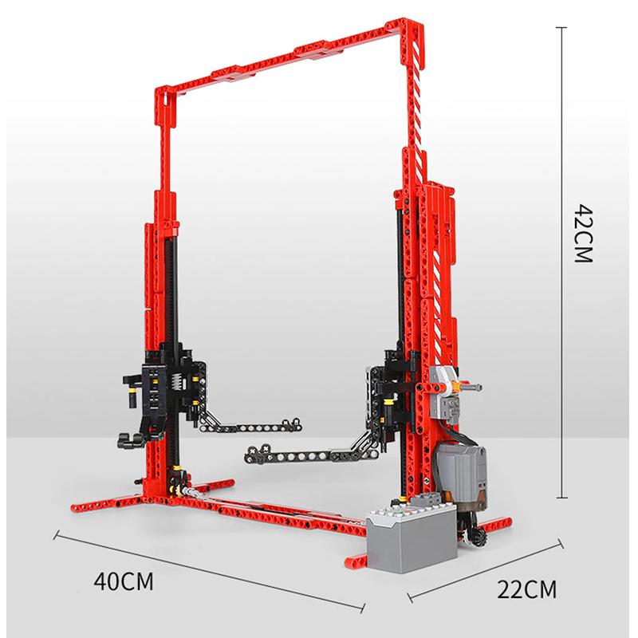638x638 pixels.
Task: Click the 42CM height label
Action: pyautogui.click(x=584, y=234)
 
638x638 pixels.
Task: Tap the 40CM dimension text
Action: pyautogui.click(x=124, y=581)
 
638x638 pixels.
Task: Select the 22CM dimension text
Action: pyautogui.click(x=526, y=589)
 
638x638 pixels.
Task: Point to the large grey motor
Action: pyautogui.click(x=462, y=474)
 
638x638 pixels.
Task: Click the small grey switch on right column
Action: pyautogui.click(x=443, y=392)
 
